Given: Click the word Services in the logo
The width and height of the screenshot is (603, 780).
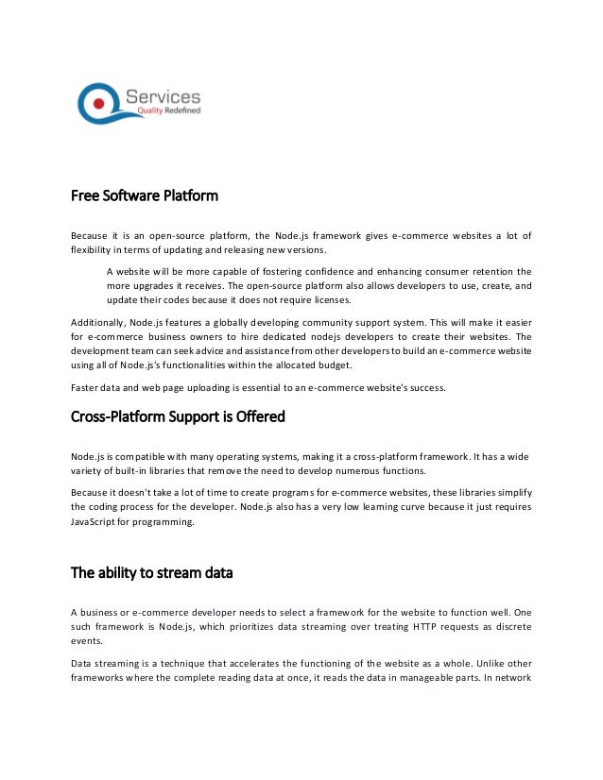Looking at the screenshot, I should coord(163,95).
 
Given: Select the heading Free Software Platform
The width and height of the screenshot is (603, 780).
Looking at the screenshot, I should coord(145,196).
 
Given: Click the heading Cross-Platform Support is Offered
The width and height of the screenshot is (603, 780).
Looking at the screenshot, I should coord(179,416).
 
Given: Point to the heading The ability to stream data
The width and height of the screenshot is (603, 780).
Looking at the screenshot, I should coord(152,572).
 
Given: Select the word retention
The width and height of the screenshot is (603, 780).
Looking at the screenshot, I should coord(477,270).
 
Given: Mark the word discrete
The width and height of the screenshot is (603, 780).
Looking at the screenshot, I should coord(508,626).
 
